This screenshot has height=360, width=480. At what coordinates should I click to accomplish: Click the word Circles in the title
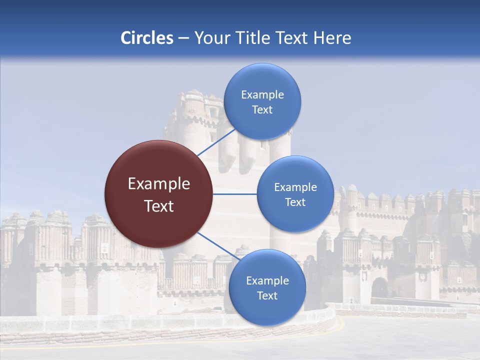(147, 38)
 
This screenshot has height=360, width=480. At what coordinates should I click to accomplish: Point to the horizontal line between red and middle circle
(234, 194)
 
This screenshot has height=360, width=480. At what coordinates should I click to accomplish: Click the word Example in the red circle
(159, 184)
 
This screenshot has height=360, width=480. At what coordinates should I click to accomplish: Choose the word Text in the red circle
(159, 206)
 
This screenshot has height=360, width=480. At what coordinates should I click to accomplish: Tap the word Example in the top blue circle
(262, 95)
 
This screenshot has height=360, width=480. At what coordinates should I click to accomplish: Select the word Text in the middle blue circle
(295, 202)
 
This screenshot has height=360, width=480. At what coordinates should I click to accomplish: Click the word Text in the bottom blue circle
(267, 296)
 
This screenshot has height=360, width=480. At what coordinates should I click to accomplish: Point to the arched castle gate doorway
(380, 287)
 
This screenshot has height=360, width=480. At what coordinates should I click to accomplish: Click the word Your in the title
(209, 38)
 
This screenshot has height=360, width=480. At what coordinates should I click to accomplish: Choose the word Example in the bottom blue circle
(267, 281)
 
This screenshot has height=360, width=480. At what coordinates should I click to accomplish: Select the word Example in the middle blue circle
(295, 187)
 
